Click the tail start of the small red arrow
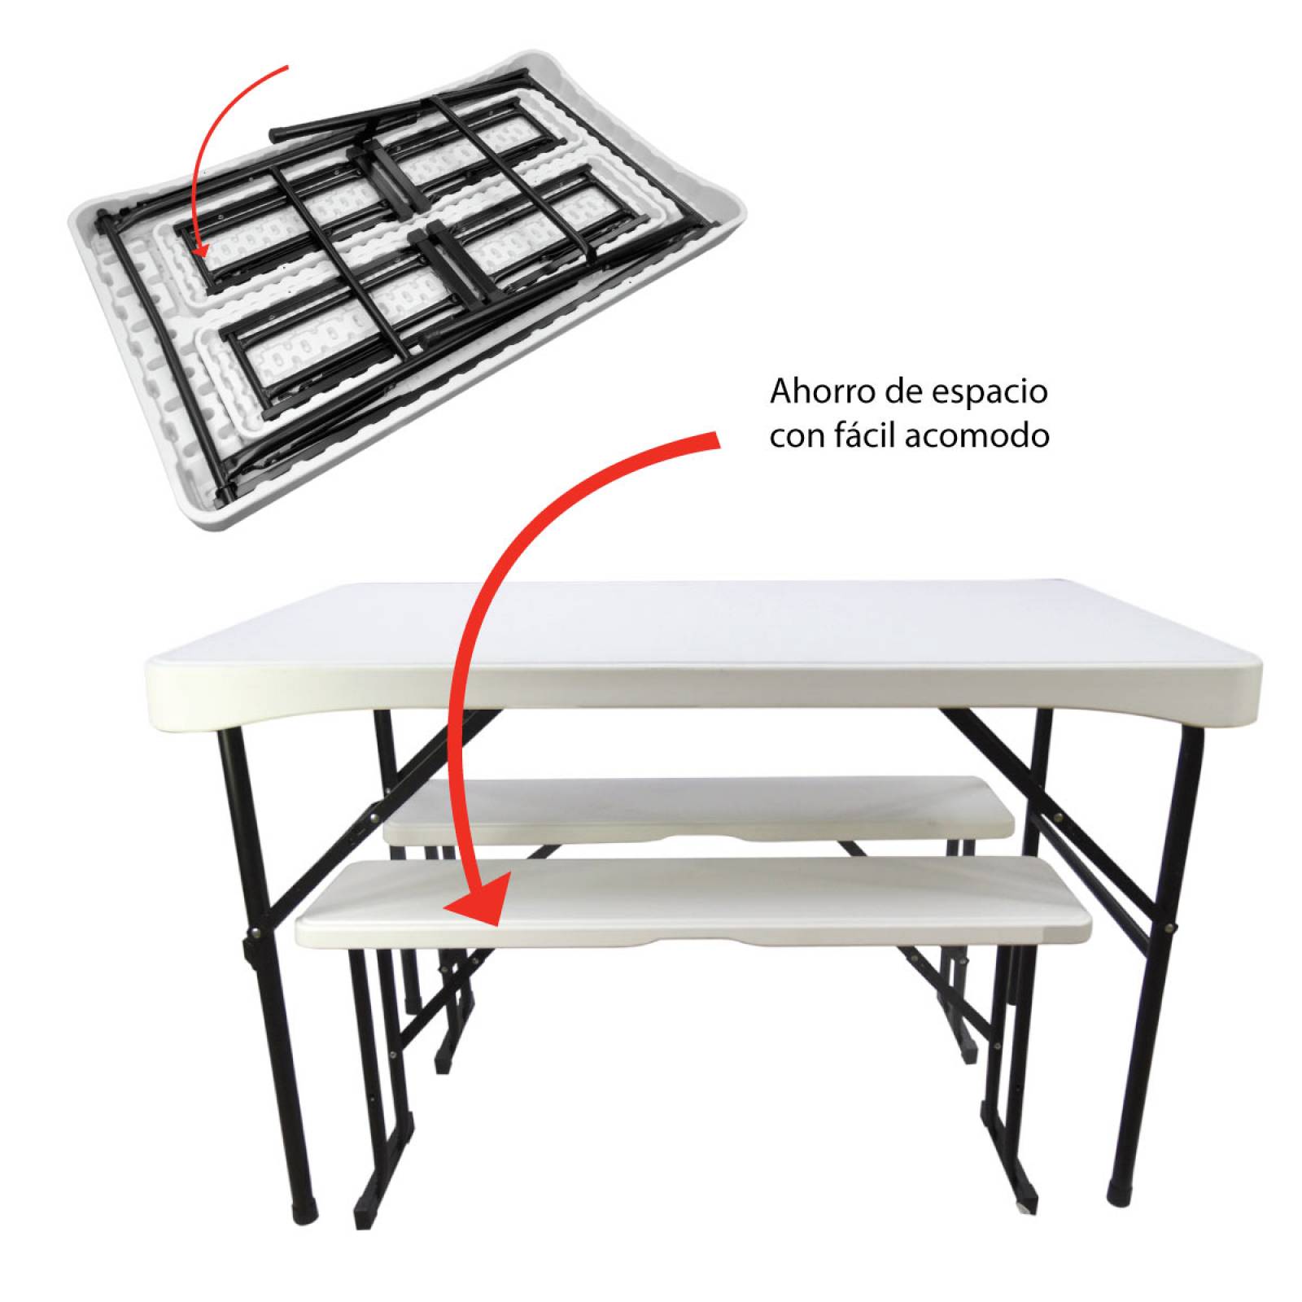coord(286,68)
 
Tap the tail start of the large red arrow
coord(719,439)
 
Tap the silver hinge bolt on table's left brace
coord(259,933)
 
